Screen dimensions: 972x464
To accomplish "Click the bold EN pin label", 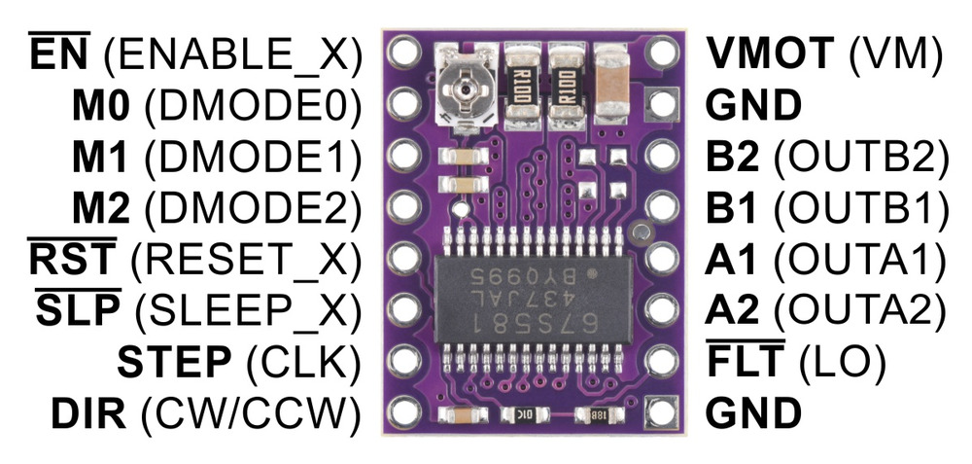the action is tap(59, 53).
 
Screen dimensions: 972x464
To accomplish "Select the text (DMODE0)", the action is tap(253, 105).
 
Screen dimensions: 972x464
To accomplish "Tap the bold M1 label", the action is tap(100, 157).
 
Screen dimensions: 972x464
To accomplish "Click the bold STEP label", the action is tap(174, 362).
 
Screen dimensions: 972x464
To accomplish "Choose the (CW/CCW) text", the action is tap(251, 414).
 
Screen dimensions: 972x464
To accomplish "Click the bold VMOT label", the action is tap(770, 54).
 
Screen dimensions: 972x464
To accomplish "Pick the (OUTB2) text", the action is tap(861, 157).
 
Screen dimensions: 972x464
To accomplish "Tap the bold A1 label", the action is tap(731, 260).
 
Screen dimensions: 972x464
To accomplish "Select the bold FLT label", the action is tap(746, 361).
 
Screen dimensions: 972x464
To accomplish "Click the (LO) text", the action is tap(841, 362).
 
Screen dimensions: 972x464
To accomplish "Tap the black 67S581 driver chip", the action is tap(533, 300).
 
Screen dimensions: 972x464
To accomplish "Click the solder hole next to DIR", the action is tap(404, 410).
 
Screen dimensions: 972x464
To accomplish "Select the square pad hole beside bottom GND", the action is tap(661, 410).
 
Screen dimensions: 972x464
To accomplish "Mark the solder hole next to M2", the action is tap(404, 205).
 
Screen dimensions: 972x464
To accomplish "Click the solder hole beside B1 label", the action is tap(661, 205).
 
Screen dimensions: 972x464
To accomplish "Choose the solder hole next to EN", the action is tap(404, 51).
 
